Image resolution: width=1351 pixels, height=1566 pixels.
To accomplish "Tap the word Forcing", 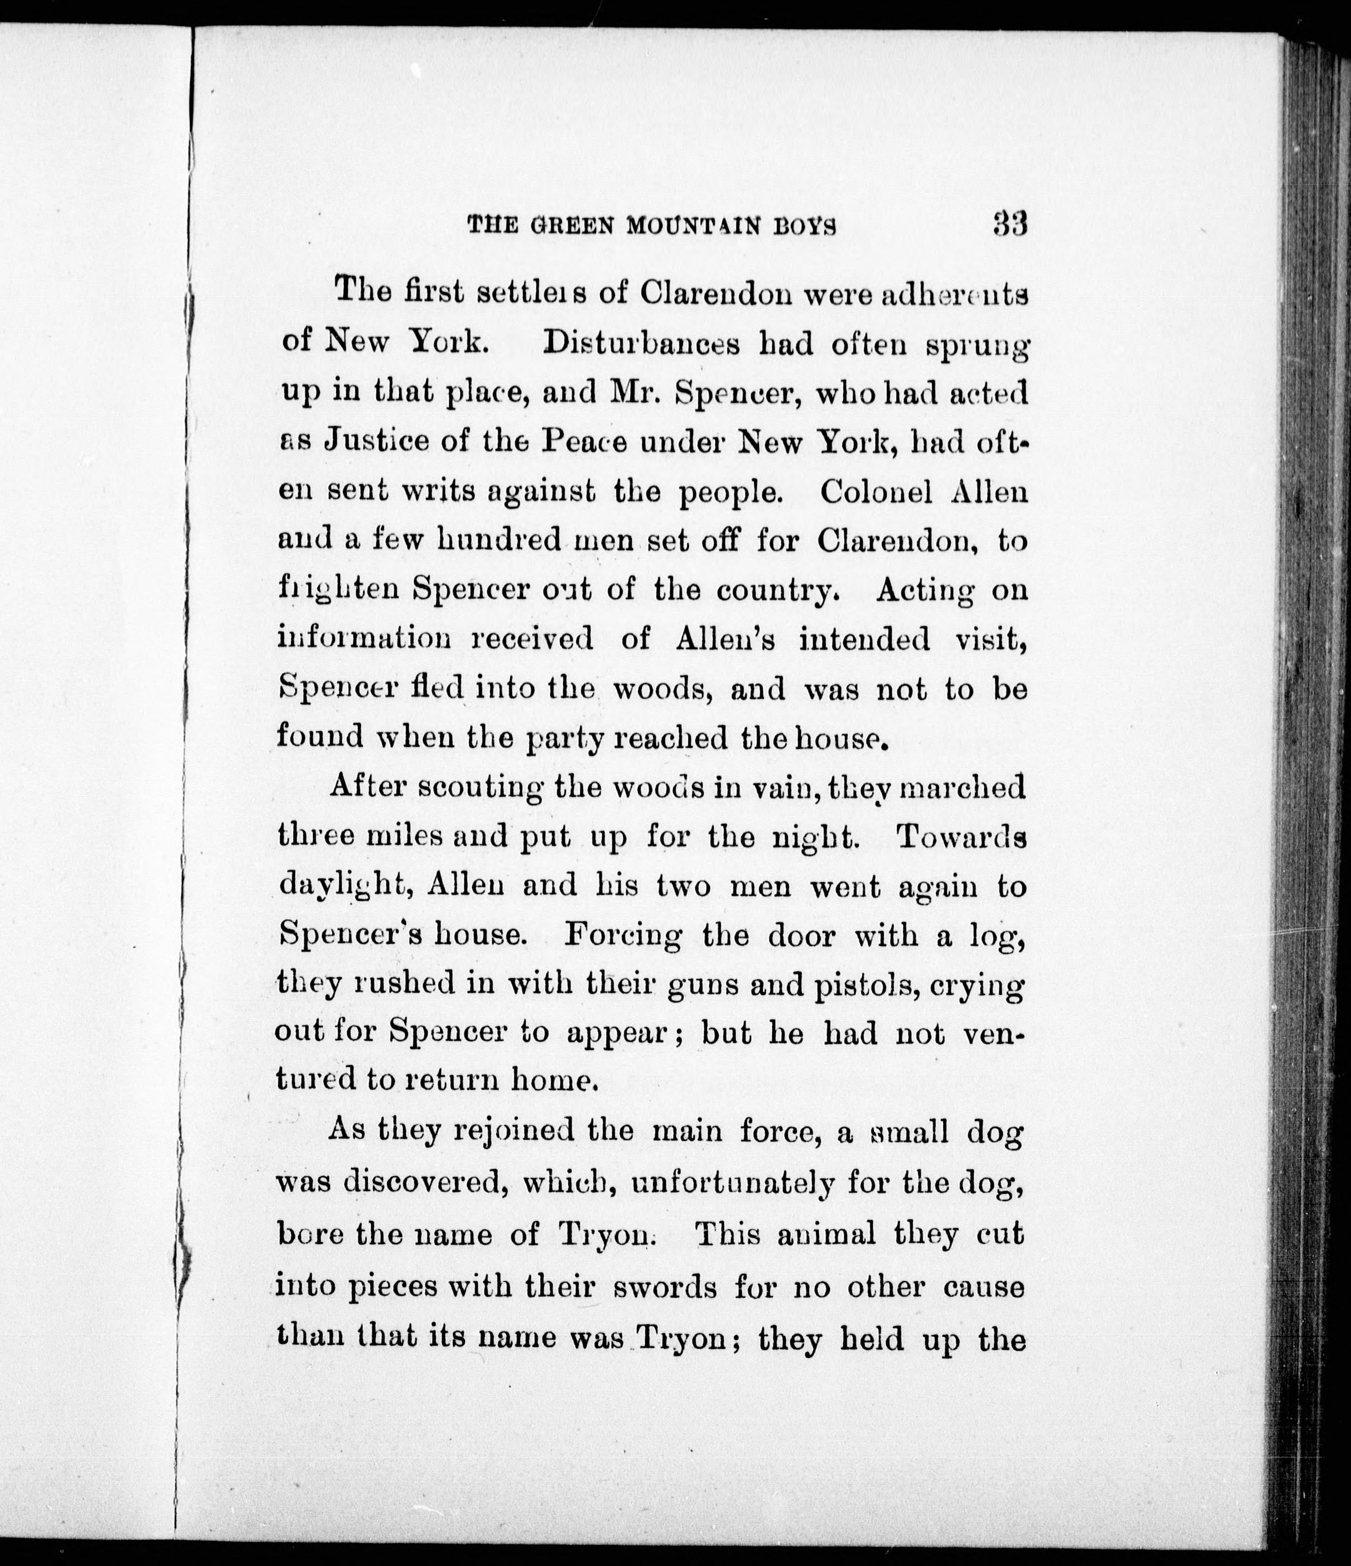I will click(623, 936).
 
